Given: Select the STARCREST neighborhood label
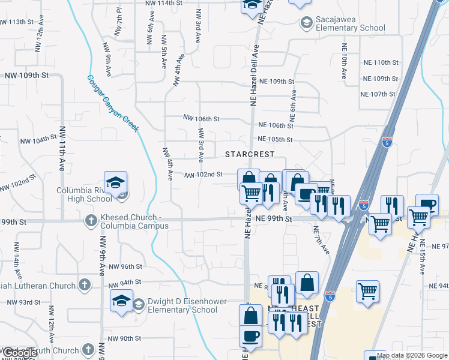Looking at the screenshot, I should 250,154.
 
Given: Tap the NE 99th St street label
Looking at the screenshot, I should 273,220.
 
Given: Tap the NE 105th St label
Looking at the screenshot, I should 274,140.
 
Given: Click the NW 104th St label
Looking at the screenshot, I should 38,140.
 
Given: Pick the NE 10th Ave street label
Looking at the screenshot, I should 345,61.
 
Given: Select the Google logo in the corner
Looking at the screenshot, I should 20,352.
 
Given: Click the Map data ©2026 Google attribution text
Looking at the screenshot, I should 412,355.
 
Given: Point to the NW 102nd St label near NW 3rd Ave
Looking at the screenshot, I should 204,175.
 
